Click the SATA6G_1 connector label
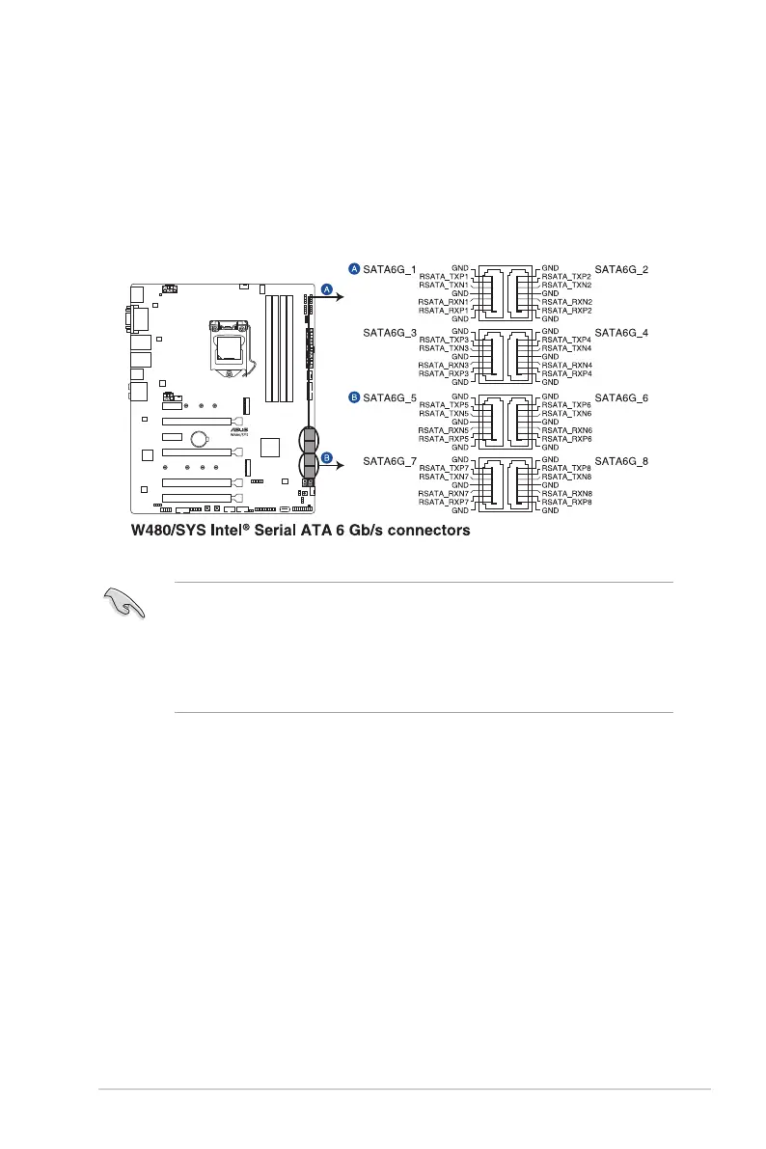pyautogui.click(x=389, y=269)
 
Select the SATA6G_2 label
pyautogui.click(x=621, y=269)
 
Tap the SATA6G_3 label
pyautogui.click(x=389, y=333)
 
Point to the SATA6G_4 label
pyautogui.click(x=621, y=333)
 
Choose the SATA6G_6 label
pyautogui.click(x=621, y=397)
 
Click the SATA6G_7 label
pyautogui.click(x=389, y=462)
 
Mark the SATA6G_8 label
pyautogui.click(x=621, y=462)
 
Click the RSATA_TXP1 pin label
pyautogui.click(x=444, y=277)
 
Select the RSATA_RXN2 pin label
pyautogui.click(x=567, y=302)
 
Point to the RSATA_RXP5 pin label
pyautogui.click(x=444, y=439)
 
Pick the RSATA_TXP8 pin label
pyautogui.click(x=567, y=469)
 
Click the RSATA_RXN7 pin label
pyautogui.click(x=444, y=494)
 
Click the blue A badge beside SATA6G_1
pyautogui.click(x=353, y=269)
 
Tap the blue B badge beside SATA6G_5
pyautogui.click(x=353, y=397)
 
